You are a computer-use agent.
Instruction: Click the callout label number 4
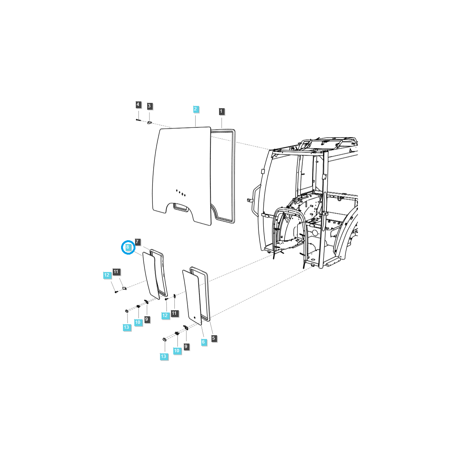tap(138, 104)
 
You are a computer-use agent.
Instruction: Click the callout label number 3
tap(149, 106)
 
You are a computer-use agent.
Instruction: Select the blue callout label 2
tap(196, 109)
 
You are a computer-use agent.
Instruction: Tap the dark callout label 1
tap(221, 111)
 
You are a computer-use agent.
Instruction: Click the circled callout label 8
tap(128, 247)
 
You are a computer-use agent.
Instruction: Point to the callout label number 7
tap(137, 241)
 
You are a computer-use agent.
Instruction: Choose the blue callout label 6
tap(203, 342)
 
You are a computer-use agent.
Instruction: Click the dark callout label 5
tap(214, 338)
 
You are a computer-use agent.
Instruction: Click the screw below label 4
tap(138, 120)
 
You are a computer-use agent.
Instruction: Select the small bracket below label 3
tap(149, 123)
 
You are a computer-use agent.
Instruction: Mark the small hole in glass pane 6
tap(194, 317)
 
